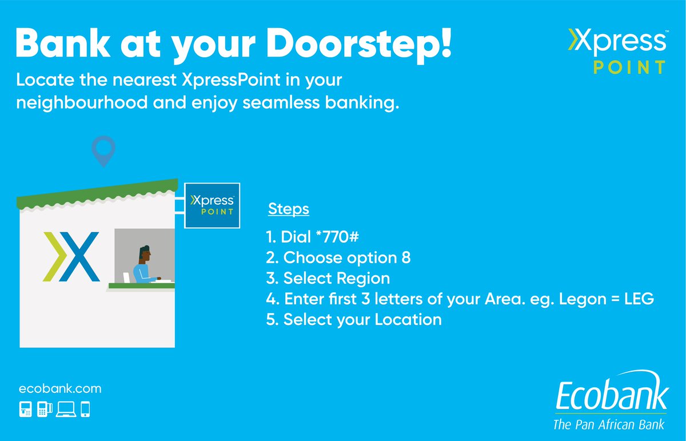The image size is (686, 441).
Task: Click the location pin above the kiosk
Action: click(x=103, y=150)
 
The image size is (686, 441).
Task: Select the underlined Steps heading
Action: click(x=288, y=209)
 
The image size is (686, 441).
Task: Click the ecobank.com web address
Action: click(x=60, y=389)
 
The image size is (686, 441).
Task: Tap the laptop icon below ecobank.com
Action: click(x=66, y=410)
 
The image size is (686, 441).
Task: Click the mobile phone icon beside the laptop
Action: click(x=85, y=410)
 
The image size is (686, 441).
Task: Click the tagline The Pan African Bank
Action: click(x=609, y=424)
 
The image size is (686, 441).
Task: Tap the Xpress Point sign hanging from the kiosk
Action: click(x=212, y=205)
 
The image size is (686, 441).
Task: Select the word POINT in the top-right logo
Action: click(x=628, y=67)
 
